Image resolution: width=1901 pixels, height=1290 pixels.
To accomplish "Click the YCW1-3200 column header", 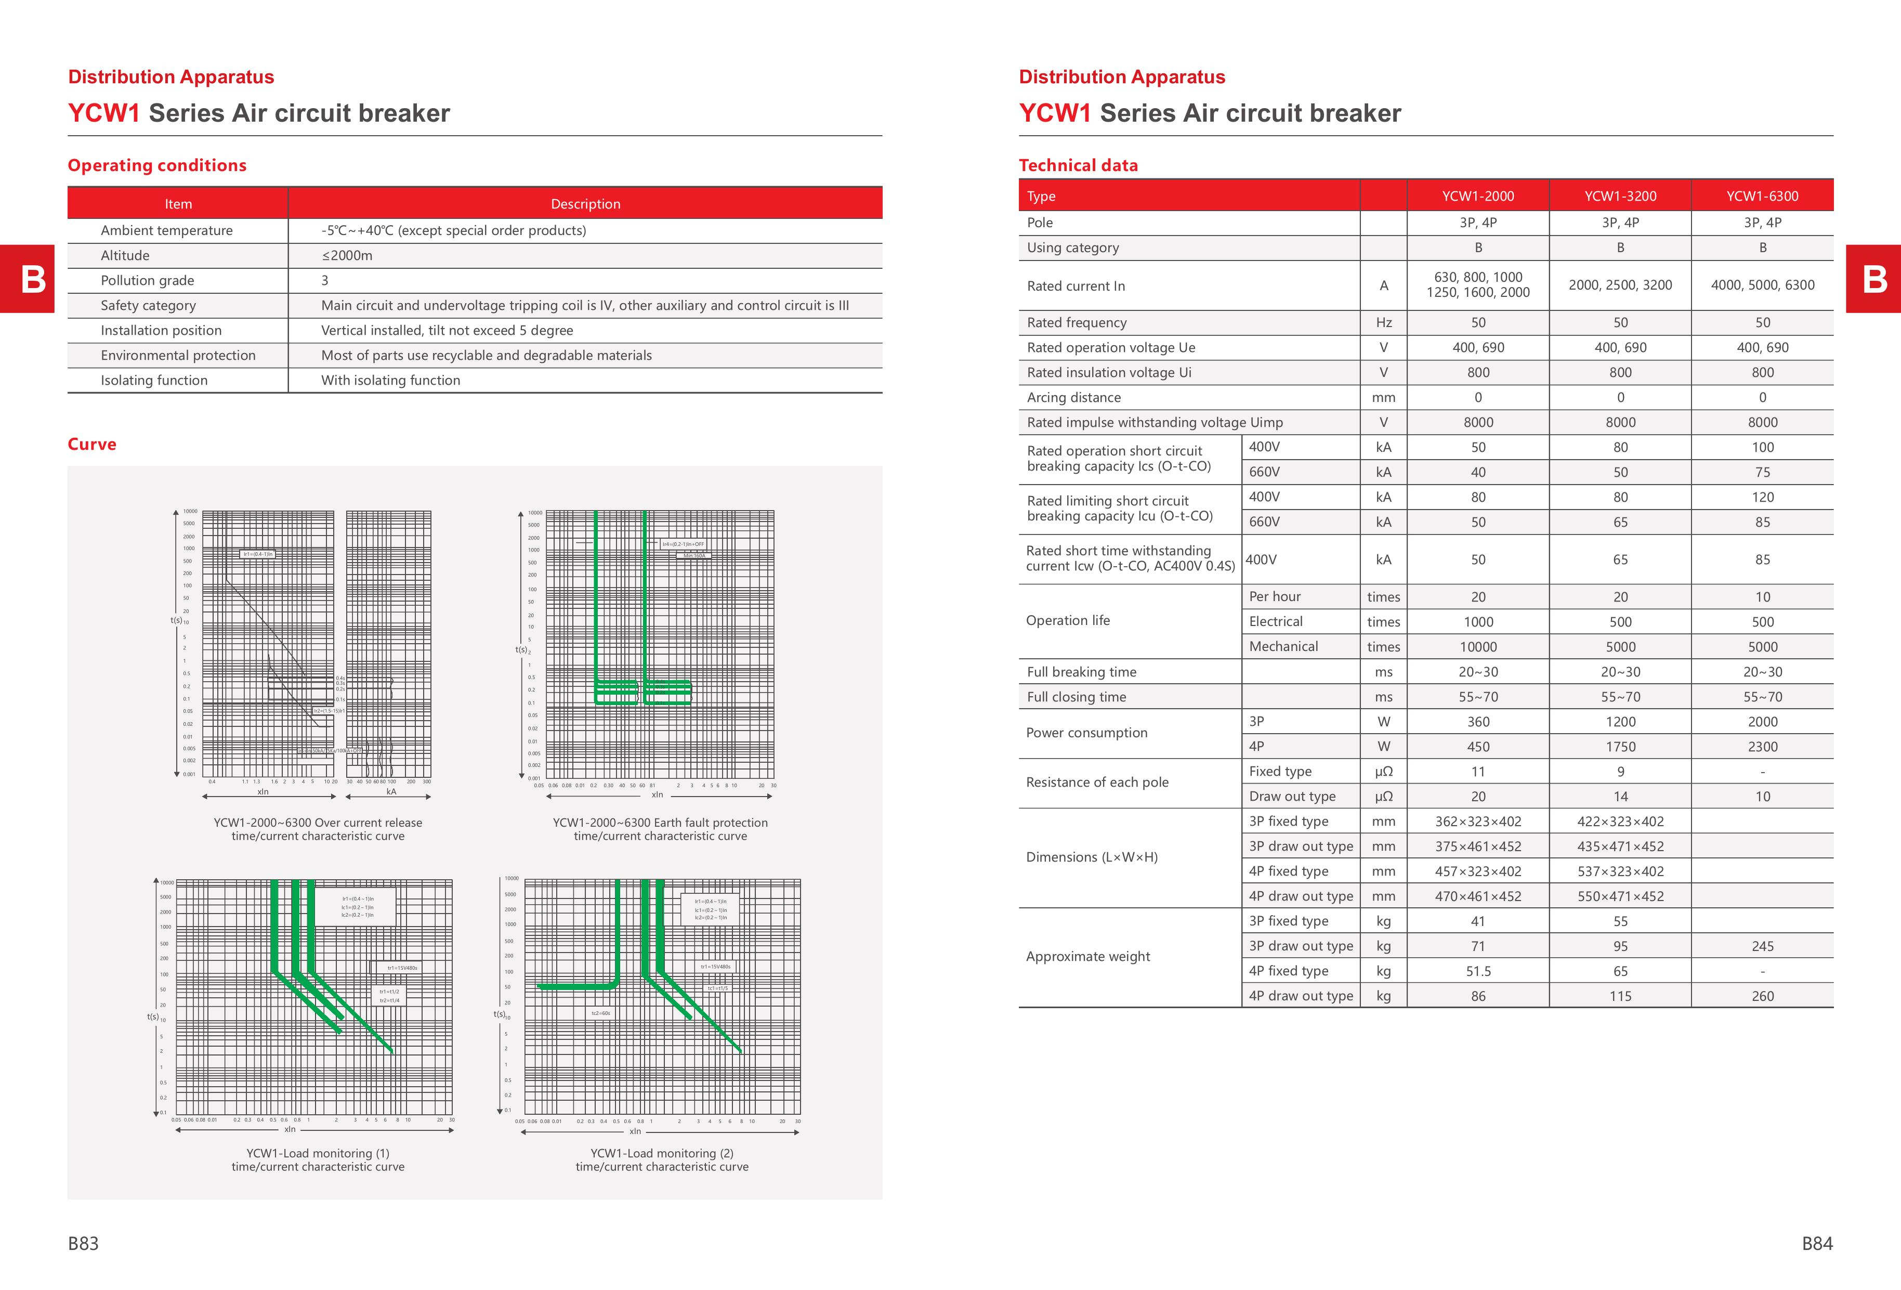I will tap(1620, 197).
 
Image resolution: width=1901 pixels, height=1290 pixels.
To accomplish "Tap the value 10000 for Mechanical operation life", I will tap(1477, 647).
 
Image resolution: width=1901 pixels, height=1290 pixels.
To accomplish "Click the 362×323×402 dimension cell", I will tap(1477, 822).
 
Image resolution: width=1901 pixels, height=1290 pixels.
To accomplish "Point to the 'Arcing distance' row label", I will tap(1073, 398).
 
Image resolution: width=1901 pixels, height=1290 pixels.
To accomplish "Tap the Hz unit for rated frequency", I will tap(1383, 323).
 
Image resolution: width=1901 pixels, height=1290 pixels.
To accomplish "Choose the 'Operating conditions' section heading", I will tap(157, 165).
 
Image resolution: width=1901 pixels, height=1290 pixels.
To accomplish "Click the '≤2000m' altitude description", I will tap(347, 256).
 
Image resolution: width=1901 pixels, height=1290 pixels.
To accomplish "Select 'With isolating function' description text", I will tap(390, 381).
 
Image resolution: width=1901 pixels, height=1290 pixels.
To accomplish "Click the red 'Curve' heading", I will tap(91, 444).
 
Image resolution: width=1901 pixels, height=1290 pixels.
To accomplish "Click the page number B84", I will tap(1817, 1243).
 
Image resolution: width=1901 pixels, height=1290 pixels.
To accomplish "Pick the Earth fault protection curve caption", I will tap(660, 829).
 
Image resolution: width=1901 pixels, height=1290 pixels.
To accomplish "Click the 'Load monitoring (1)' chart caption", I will tap(318, 1160).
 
